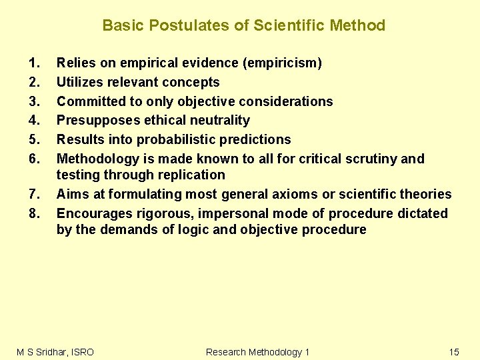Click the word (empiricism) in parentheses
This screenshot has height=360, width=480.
coord(283,63)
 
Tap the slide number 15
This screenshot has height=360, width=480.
coord(454,352)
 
